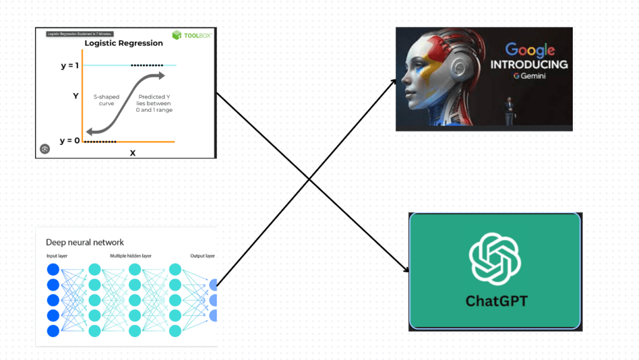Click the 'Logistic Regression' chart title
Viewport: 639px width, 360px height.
point(124,44)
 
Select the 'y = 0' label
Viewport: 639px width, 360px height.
point(70,141)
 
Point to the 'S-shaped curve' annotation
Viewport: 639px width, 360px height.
point(107,100)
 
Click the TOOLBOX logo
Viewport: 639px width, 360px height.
point(191,36)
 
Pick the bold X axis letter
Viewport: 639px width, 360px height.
point(132,152)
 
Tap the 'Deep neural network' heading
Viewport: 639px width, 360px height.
point(85,242)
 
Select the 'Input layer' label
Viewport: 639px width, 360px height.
point(57,256)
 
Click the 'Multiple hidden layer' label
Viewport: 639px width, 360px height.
point(131,256)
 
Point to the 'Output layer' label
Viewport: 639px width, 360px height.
point(202,256)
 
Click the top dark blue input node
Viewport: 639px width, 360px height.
point(53,270)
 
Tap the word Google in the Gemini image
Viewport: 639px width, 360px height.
point(530,49)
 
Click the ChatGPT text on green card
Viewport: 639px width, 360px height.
point(496,301)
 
